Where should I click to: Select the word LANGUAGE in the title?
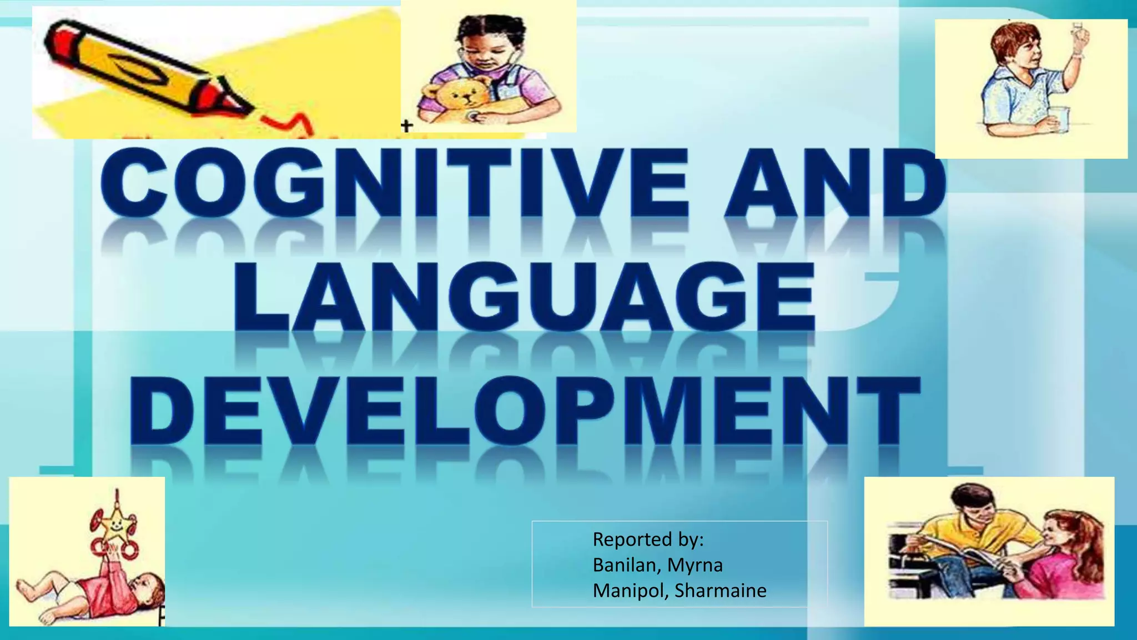[524, 297]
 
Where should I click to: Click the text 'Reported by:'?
[648, 539]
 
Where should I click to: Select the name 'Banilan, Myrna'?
[657, 565]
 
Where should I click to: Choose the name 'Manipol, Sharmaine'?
[679, 591]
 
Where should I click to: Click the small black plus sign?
[406, 126]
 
